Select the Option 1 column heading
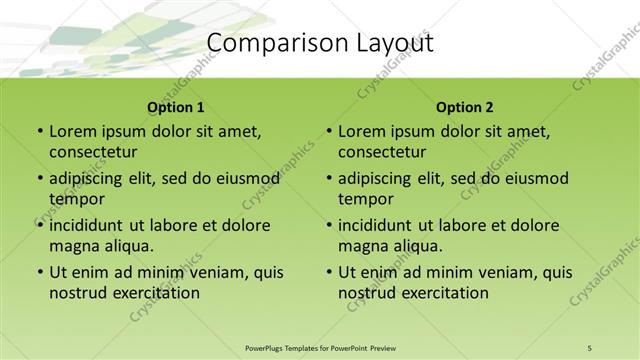(x=175, y=107)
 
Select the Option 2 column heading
(x=465, y=107)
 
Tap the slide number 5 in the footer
(x=590, y=347)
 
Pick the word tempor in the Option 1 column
(x=76, y=199)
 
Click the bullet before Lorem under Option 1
(x=39, y=131)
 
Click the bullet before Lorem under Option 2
(x=329, y=131)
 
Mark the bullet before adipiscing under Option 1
(x=39, y=178)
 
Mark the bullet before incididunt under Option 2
(x=329, y=225)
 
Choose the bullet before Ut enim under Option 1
(x=39, y=272)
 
